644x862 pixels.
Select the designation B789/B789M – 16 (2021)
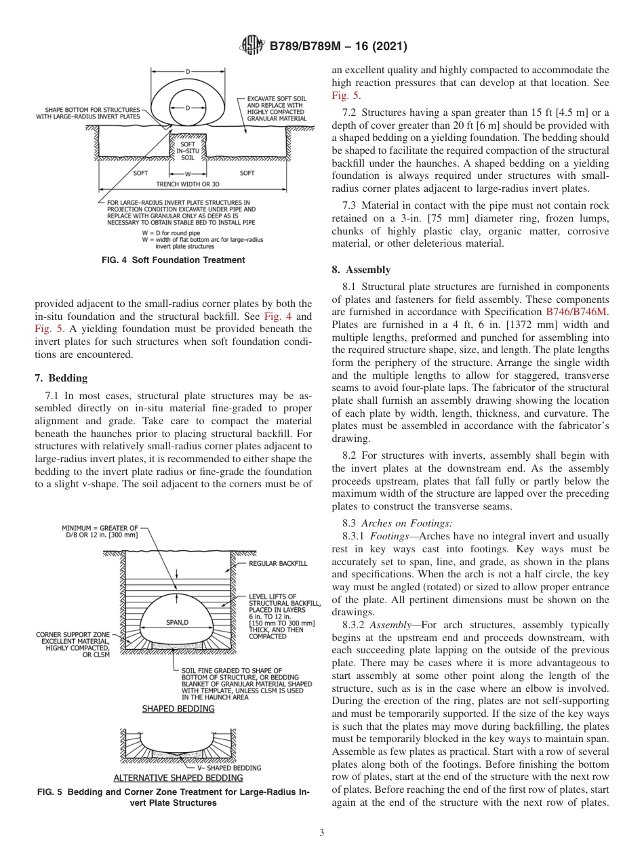[x=338, y=47]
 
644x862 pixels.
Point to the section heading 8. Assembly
[x=361, y=270]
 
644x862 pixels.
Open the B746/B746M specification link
[x=577, y=312]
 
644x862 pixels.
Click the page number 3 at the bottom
[x=321, y=832]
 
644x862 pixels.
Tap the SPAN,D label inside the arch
[x=177, y=621]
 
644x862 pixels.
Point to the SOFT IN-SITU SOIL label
[x=188, y=150]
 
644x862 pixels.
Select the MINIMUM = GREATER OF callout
[x=100, y=528]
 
